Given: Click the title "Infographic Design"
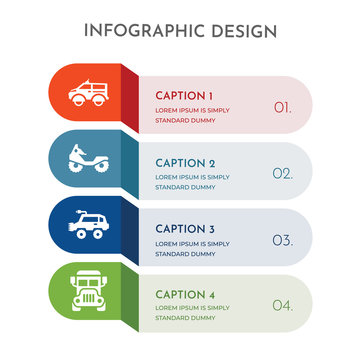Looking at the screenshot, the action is pos(180,31).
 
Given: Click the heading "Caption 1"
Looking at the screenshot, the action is pos(184,95).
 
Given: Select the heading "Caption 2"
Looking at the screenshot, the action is pos(185,162).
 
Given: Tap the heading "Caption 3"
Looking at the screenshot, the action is pos(185,228).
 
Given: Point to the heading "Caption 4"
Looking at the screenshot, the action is pos(185,294).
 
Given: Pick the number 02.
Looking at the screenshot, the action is pos(283,173).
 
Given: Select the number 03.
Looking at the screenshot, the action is pos(283,240).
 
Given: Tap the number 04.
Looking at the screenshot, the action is pos(283,306).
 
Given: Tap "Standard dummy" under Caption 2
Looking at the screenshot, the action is pos(185,186).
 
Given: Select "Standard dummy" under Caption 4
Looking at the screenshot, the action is pos(185,318).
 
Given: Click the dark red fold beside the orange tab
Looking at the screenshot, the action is pos(129,100).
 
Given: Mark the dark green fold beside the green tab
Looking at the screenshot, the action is pos(129,299).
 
